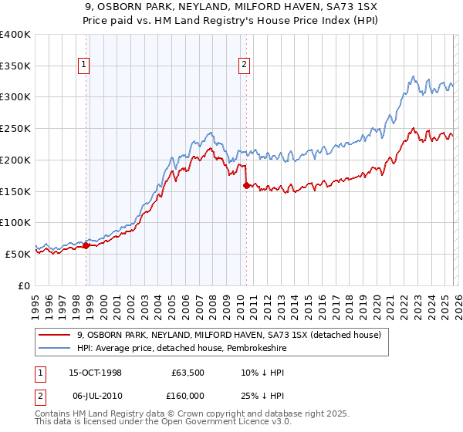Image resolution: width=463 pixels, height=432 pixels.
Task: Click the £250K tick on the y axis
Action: point(15,129)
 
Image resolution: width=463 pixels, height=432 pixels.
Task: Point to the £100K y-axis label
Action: point(15,222)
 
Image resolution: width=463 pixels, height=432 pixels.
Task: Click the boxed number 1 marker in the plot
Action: point(83,66)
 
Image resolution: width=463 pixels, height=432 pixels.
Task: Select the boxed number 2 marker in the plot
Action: point(244,66)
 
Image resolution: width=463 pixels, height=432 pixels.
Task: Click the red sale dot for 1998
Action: point(86,245)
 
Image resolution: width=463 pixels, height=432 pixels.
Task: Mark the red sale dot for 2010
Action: point(246,185)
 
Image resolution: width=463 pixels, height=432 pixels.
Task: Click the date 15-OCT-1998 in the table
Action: point(95,372)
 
